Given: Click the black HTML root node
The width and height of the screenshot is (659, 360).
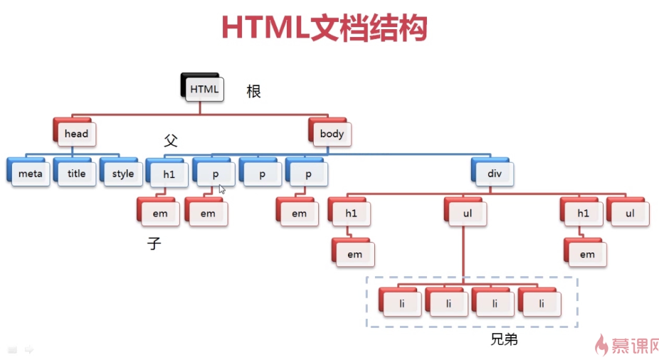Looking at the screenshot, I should [x=204, y=89].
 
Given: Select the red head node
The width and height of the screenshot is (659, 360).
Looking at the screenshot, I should [x=75, y=133].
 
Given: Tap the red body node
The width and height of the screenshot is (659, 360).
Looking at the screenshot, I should [x=331, y=133].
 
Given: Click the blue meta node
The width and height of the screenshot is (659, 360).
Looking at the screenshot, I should [x=30, y=174].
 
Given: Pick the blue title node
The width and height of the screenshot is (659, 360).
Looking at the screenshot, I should [x=76, y=174].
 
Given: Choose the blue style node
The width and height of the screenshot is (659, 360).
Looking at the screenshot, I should [x=122, y=174].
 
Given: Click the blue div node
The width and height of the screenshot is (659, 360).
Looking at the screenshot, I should [x=494, y=174].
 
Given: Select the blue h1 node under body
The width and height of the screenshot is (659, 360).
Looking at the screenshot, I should [x=168, y=174].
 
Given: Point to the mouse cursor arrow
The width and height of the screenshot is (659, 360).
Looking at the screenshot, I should [x=221, y=189].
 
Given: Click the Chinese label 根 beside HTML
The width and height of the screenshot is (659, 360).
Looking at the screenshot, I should [x=253, y=91].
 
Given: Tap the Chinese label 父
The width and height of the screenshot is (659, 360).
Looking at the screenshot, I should [x=170, y=140].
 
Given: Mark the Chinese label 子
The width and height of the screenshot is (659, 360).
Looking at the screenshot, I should [x=154, y=244].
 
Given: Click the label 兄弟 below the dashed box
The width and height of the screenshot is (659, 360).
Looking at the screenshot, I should [x=504, y=339].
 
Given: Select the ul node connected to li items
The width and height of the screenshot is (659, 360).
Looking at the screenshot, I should [x=468, y=213].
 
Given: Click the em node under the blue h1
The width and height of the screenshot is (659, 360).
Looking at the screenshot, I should [x=160, y=213].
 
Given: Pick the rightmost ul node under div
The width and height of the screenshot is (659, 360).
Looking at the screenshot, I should [x=629, y=213].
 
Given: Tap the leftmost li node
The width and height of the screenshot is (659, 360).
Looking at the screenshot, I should [x=401, y=304].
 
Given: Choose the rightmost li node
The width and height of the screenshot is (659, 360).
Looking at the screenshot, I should [x=541, y=304].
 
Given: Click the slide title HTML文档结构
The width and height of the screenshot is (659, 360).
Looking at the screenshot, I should [x=324, y=28].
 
